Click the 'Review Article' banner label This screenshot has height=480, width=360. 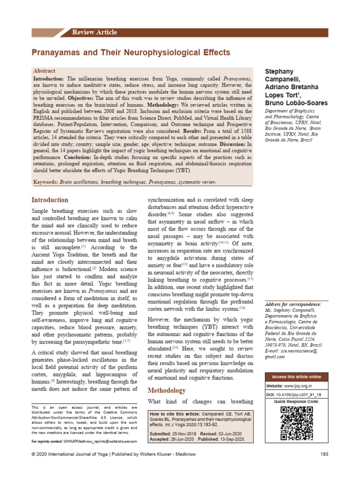pyautogui.click(x=94, y=32)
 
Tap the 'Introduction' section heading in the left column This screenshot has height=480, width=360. pyautogui.click(x=49, y=200)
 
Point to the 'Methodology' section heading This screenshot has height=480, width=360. pyautogui.click(x=166, y=390)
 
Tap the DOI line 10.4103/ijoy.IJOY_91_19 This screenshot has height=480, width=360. pyautogui.click(x=297, y=395)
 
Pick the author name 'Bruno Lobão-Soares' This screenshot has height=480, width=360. pyautogui.click(x=296, y=103)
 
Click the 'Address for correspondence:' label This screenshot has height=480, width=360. pyautogui.click(x=293, y=305)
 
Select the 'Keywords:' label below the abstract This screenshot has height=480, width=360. pyautogui.click(x=47, y=181)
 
